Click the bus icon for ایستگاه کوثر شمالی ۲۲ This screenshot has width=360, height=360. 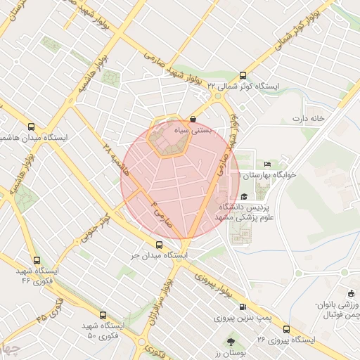pyautogui.click(x=243, y=75)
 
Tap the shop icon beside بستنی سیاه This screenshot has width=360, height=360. pyautogui.click(x=193, y=120)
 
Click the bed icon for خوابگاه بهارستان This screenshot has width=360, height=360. pyautogui.click(x=266, y=163)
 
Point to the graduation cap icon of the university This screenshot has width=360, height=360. pyautogui.click(x=243, y=197)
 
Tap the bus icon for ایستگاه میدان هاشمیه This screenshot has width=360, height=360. pyautogui.click(x=30, y=127)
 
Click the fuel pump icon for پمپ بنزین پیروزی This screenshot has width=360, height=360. pyautogui.click(x=243, y=307)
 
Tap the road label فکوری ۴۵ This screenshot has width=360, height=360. pyautogui.click(x=49, y=309)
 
